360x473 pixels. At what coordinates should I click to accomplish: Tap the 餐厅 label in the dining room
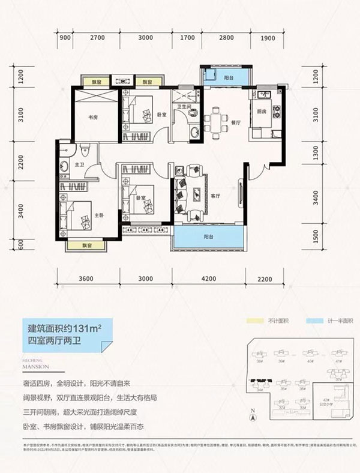click(x=235, y=121)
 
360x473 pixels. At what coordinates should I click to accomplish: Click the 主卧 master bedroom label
click(x=99, y=216)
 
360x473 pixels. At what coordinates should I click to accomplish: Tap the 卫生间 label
click(x=184, y=107)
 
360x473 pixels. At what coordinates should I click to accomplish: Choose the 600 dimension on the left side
click(x=20, y=244)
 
